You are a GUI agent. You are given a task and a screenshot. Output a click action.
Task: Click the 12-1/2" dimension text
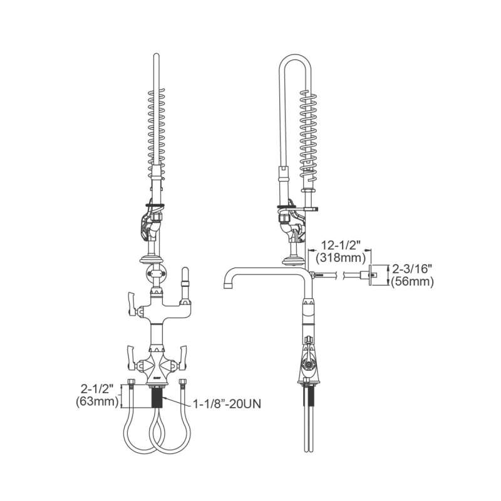click(x=341, y=245)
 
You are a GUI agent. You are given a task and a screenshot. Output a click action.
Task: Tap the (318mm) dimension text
click(x=341, y=258)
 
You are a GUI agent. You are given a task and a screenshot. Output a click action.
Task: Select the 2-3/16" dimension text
click(x=412, y=269)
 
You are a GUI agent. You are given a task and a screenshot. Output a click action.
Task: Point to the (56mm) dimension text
click(x=412, y=281)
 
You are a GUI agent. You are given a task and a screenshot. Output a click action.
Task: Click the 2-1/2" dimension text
click(x=97, y=389)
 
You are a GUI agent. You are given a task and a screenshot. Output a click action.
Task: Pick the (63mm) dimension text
click(x=97, y=401)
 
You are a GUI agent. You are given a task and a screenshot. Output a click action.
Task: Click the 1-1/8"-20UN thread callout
click(x=227, y=404)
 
